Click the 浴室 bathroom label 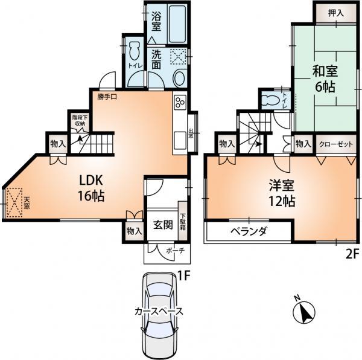155,22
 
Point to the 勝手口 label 107,95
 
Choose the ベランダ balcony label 249,232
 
